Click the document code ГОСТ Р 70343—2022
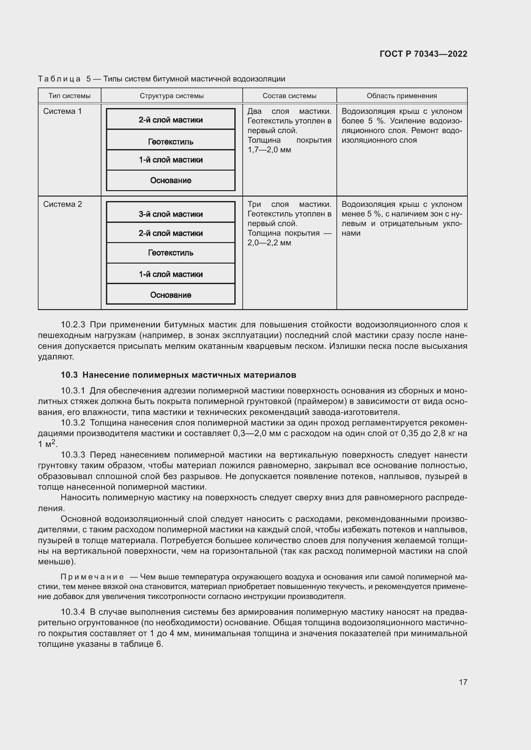423,54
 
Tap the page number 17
463,682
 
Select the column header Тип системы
69,96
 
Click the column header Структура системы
172,96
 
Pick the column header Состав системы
289,96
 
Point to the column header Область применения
402,96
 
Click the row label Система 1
63,111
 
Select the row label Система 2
63,204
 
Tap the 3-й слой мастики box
171,214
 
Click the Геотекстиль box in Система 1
171,141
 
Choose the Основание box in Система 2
171,295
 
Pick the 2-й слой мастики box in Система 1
171,120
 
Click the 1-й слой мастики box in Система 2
171,274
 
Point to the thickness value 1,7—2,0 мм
269,150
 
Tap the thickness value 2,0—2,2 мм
269,243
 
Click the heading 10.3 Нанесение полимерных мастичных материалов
178,375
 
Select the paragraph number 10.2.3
73,325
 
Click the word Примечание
92,577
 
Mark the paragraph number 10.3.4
73,612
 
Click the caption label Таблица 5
64,79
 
